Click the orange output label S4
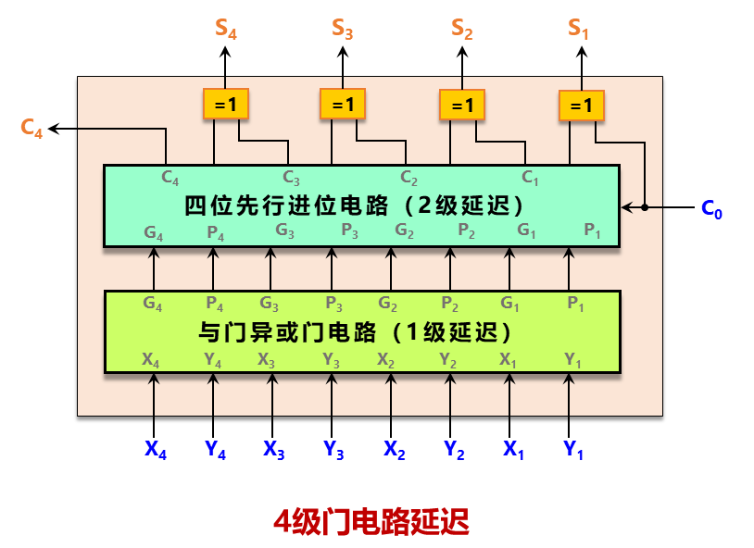(226, 30)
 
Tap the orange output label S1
(579, 30)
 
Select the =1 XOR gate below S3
(344, 104)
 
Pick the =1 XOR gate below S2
(461, 105)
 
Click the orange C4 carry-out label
(31, 130)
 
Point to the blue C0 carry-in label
(711, 209)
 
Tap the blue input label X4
(155, 450)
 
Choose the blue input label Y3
(333, 451)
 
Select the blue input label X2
(394, 450)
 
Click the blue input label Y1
(572, 451)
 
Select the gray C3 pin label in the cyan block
(291, 176)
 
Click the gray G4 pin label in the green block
(154, 303)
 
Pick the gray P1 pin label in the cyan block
(592, 231)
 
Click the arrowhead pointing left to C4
(55, 130)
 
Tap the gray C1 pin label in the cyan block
(530, 176)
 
